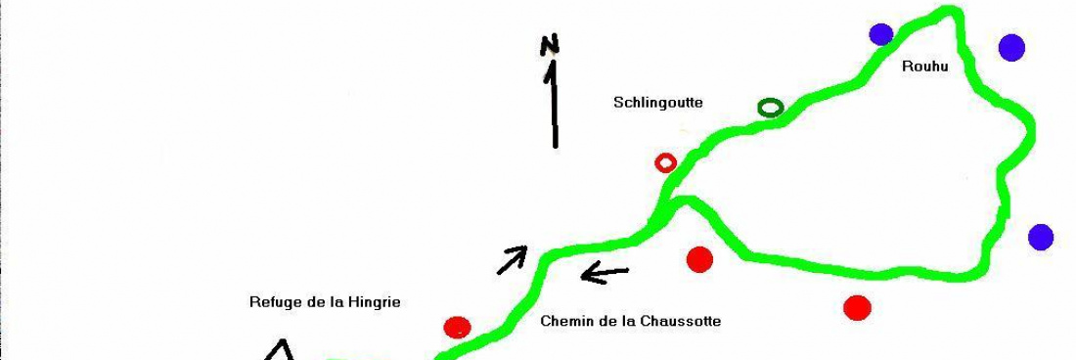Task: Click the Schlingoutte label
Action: pyautogui.click(x=658, y=102)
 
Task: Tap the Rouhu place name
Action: pyautogui.click(x=924, y=67)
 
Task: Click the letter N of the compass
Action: pyautogui.click(x=551, y=44)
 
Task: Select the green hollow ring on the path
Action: pyautogui.click(x=771, y=108)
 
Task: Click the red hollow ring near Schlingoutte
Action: pyautogui.click(x=665, y=162)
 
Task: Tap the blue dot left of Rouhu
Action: pyautogui.click(x=881, y=34)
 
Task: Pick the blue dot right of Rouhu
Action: pyautogui.click(x=1011, y=47)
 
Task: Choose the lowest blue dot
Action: pyautogui.click(x=1041, y=237)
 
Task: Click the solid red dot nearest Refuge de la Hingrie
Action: pyautogui.click(x=457, y=327)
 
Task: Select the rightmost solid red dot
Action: pyautogui.click(x=857, y=307)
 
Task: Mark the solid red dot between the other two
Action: pyautogui.click(x=699, y=259)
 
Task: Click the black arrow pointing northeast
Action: pyautogui.click(x=513, y=259)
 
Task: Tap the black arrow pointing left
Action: pyautogui.click(x=605, y=273)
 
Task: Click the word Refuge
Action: pyautogui.click(x=274, y=302)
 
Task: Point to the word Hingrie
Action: pyautogui.click(x=375, y=302)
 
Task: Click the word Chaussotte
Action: pyautogui.click(x=681, y=321)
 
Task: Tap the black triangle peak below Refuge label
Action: pyautogui.click(x=282, y=346)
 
